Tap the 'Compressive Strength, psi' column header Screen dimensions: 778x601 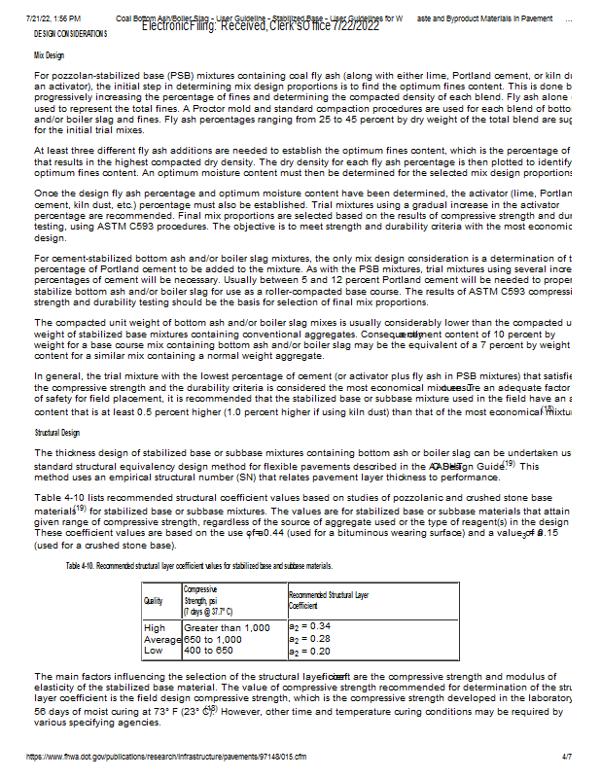click(208, 600)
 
